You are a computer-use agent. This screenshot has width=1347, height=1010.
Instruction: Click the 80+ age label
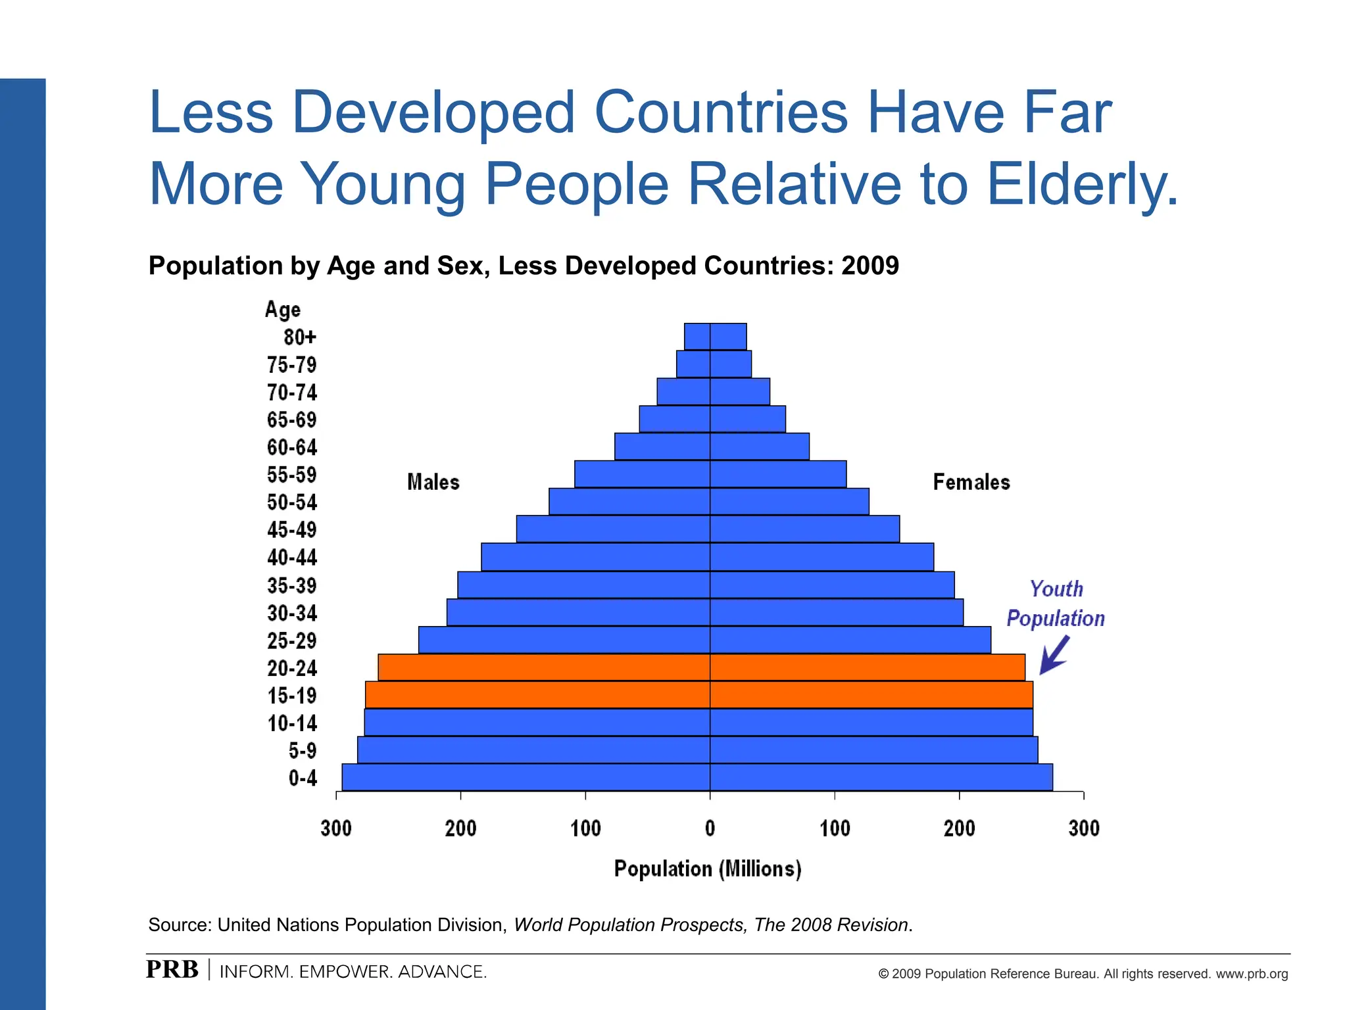click(x=300, y=337)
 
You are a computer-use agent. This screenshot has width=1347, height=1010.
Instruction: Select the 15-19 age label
click(x=292, y=696)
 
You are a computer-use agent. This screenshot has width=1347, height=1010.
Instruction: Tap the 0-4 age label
click(x=303, y=779)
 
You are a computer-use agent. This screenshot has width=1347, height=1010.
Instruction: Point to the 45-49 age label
click(x=292, y=530)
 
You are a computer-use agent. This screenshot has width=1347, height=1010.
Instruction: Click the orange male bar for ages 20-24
click(x=544, y=667)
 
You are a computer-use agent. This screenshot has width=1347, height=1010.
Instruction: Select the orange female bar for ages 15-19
click(x=871, y=695)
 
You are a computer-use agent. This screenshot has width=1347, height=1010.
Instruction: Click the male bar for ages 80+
click(x=697, y=337)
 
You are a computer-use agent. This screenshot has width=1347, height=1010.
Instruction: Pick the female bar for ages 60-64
click(x=760, y=446)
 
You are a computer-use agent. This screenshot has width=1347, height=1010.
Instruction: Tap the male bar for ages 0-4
click(x=526, y=777)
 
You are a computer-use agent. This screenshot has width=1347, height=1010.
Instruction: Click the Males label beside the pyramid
click(x=433, y=482)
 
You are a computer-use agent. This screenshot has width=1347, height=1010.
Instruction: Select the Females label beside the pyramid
click(x=971, y=482)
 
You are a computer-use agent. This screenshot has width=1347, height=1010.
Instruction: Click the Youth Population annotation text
click(x=1056, y=604)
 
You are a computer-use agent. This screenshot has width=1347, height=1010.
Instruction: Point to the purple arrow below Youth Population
click(x=1054, y=656)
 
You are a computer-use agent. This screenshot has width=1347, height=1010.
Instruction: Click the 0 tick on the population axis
click(x=710, y=828)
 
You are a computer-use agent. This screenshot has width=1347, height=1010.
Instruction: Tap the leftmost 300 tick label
click(x=336, y=828)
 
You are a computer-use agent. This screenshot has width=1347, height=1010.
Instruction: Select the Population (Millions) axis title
click(x=708, y=869)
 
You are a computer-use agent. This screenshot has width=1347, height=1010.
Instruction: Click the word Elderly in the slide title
click(x=1082, y=184)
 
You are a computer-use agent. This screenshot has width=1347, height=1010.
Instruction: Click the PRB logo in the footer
click(x=172, y=970)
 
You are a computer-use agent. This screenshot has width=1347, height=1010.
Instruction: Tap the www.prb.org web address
click(x=1252, y=974)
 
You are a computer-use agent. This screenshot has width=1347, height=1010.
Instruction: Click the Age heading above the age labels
click(x=283, y=309)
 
